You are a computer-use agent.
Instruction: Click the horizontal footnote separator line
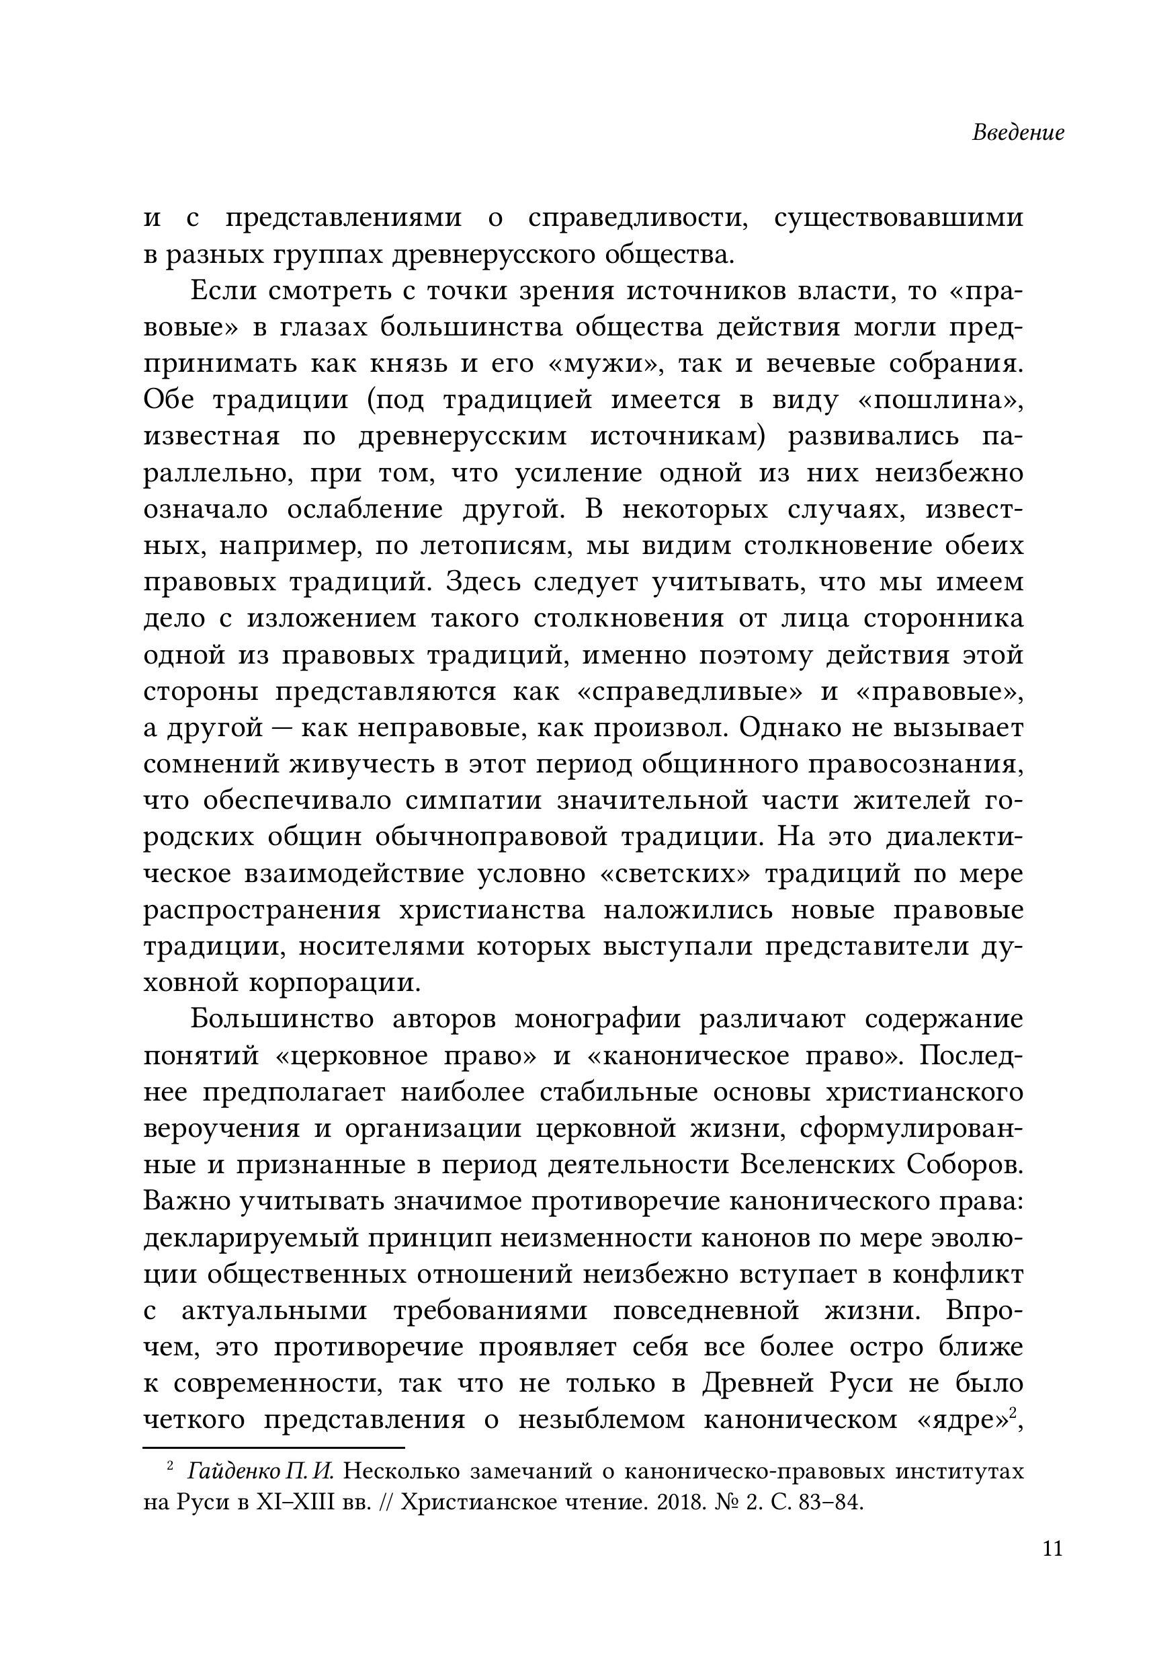[x=273, y=1447]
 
